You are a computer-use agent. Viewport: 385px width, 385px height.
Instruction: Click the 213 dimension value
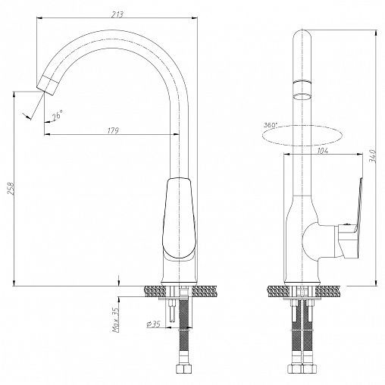[117, 14]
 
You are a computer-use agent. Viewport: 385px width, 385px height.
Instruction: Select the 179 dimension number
[113, 130]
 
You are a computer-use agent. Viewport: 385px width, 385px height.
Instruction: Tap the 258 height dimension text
[11, 189]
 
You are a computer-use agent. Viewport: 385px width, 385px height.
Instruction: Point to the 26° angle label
[58, 115]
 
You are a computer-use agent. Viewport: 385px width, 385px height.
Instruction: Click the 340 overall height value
[373, 156]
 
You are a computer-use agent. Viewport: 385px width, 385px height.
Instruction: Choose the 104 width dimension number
[322, 151]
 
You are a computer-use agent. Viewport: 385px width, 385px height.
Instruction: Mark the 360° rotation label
[271, 125]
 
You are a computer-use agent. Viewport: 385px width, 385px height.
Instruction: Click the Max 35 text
[116, 320]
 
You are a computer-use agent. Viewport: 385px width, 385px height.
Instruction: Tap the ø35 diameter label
[153, 324]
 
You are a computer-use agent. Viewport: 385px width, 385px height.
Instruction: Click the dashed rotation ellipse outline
[302, 146]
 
